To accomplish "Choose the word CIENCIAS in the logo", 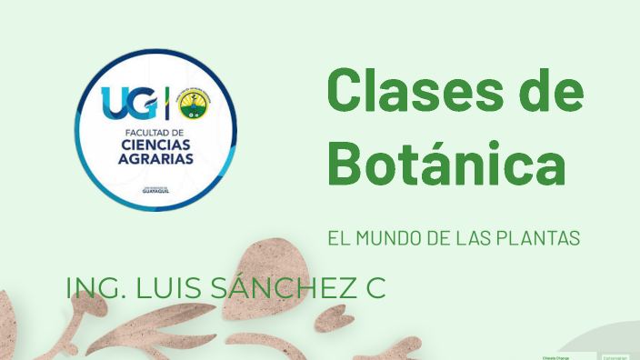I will click(x=155, y=145).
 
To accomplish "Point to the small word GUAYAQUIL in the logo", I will click(x=155, y=192).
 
